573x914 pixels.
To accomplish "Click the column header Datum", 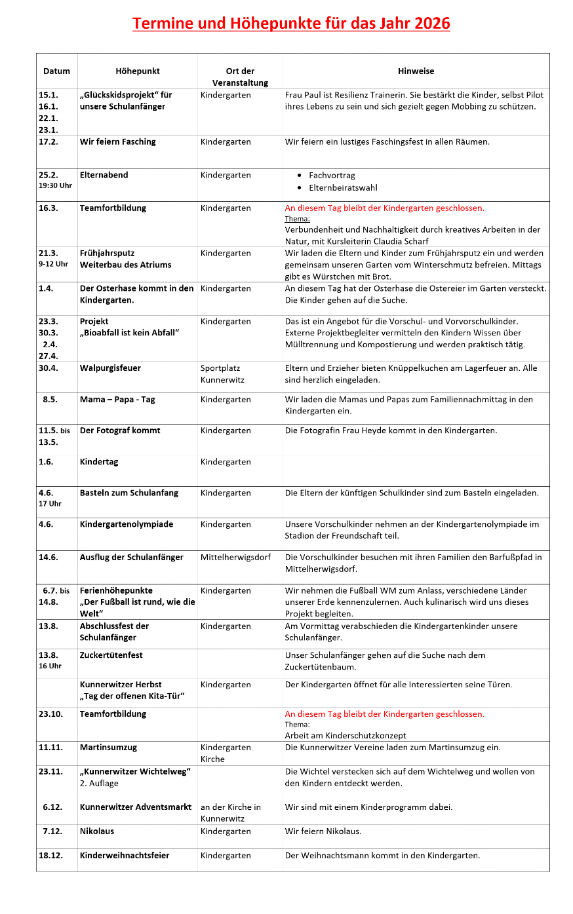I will click(56, 71).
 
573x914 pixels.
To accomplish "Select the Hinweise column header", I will click(416, 71).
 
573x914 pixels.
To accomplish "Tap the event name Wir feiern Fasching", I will click(118, 142).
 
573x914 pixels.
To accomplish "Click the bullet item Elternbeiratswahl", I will click(343, 188).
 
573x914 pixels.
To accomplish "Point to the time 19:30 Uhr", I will click(55, 185).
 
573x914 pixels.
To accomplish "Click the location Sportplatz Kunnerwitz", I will click(222, 374).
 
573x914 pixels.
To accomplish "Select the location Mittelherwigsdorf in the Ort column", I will click(235, 558).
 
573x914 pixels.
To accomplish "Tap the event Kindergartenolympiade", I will click(127, 524).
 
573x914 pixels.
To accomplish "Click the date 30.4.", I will click(49, 368).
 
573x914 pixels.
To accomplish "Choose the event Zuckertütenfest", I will click(111, 655).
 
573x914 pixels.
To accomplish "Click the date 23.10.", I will click(51, 714).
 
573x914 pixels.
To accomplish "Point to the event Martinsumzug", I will click(108, 748).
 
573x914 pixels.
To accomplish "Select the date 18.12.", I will click(50, 856).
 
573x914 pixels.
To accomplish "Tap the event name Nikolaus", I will click(97, 831).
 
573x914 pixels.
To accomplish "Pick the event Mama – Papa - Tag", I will click(117, 400).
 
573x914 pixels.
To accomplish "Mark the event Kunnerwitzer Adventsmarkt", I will click(136, 807).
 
